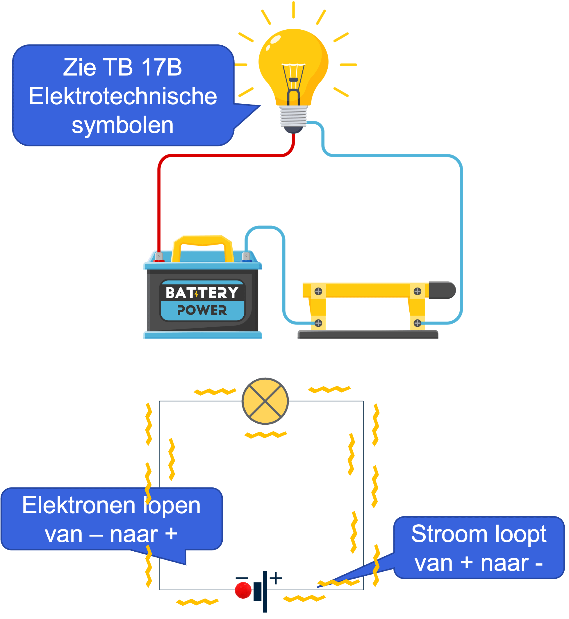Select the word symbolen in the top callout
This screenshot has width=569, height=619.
122,125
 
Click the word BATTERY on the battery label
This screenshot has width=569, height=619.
202,293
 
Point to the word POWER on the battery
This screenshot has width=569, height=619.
202,310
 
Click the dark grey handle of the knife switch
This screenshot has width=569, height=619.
442,290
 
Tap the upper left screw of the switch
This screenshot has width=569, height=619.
318,291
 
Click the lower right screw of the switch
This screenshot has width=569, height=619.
417,323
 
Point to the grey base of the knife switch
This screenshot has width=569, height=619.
368,334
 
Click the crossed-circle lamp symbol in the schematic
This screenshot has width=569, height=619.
265,401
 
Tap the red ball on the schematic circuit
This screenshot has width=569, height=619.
243,590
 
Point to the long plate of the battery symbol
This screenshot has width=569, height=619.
265,591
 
